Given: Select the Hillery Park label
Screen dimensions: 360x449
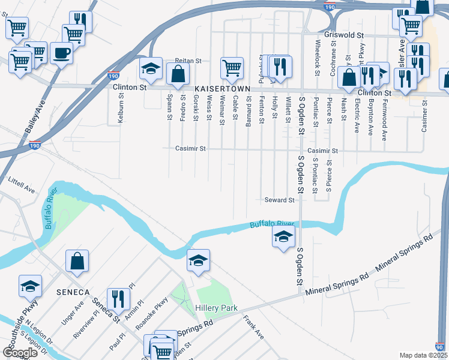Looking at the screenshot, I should coord(216,308).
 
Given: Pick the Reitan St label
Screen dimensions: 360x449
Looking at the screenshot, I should coord(187,61).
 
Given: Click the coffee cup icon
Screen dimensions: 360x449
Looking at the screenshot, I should coord(61,53).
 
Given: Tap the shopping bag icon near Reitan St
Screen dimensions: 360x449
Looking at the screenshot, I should coord(178,74).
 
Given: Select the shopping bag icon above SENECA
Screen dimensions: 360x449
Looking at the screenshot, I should coord(77,260).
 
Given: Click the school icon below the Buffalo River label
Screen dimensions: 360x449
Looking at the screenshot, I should coord(283,236).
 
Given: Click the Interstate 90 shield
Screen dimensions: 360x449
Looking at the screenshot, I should coord(439,347).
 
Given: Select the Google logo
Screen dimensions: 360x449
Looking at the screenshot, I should coord(20,353).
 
